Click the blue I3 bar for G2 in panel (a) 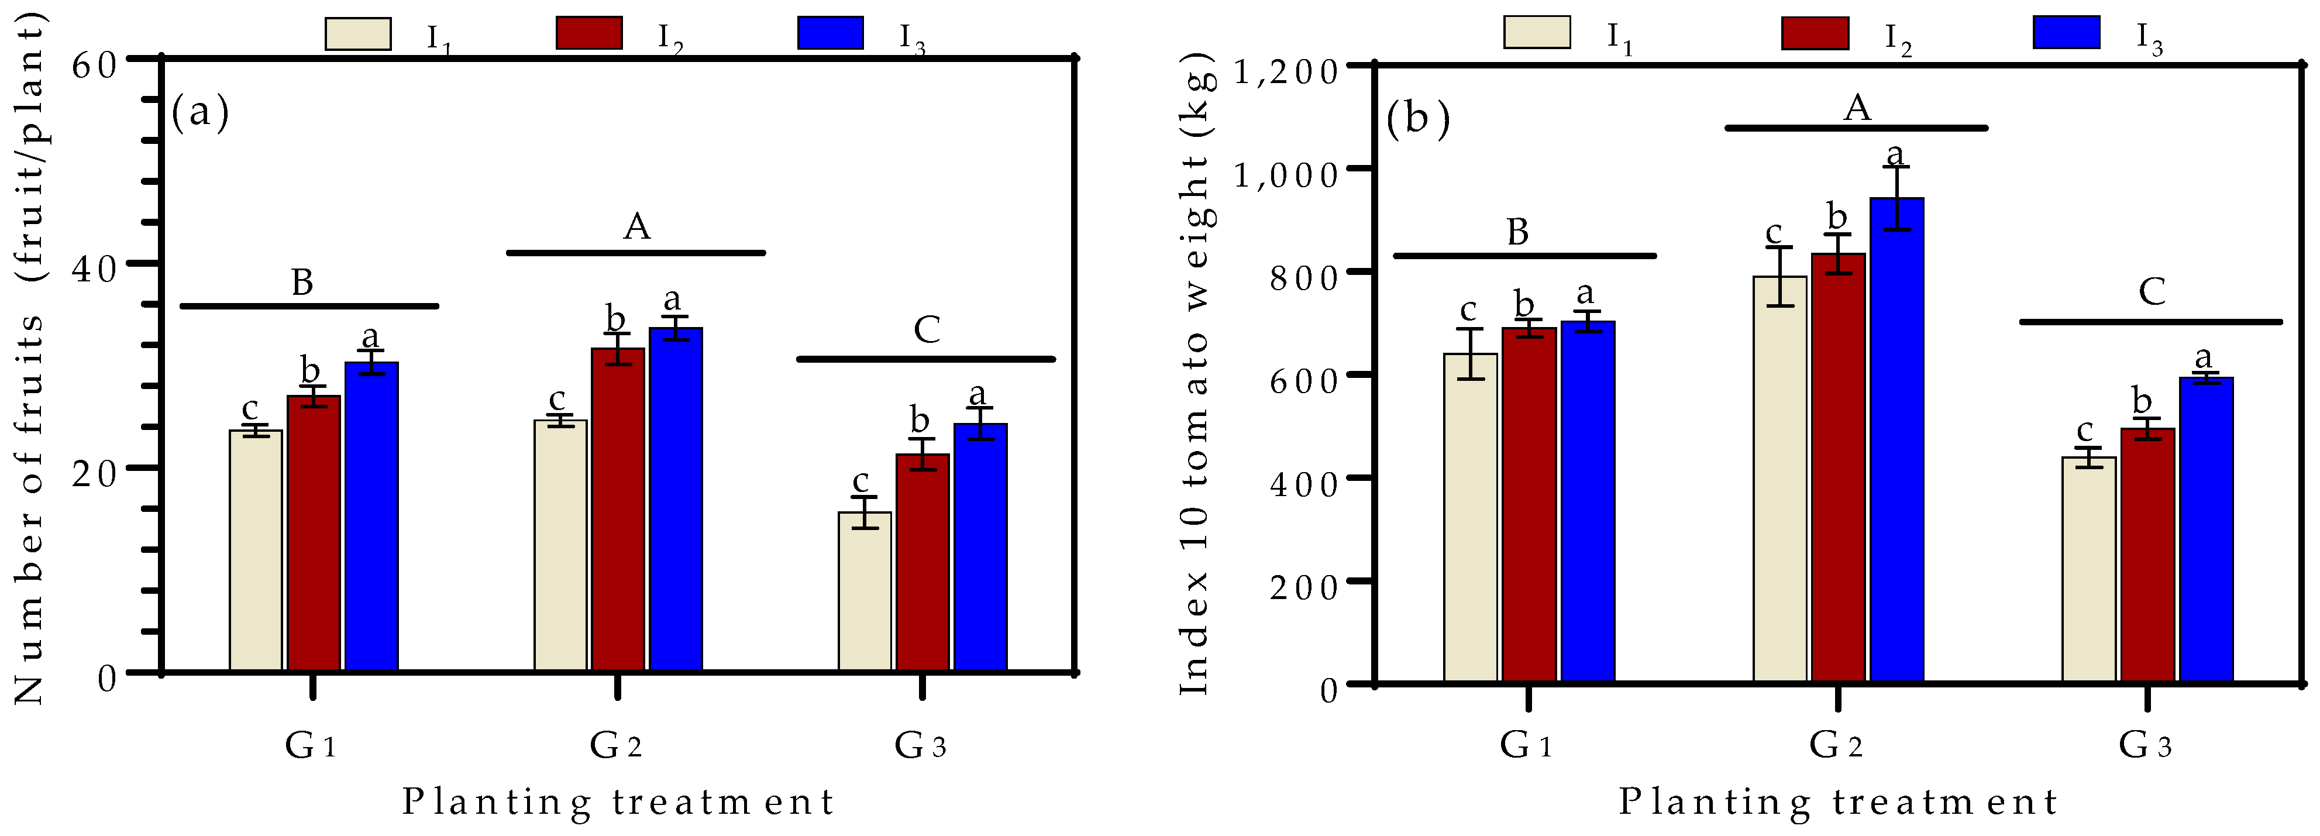click(x=676, y=500)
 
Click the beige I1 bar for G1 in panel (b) click(x=1470, y=518)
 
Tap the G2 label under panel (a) click(x=616, y=745)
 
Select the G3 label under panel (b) click(x=2145, y=745)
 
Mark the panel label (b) click(x=1417, y=118)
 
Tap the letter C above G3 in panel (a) click(x=927, y=330)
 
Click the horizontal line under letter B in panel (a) click(x=309, y=307)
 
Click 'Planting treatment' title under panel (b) click(x=1837, y=801)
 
